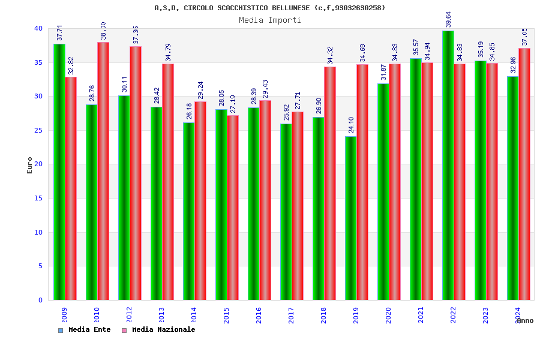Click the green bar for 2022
(x=448, y=165)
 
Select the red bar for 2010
(x=103, y=171)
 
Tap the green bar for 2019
(x=350, y=218)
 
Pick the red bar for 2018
(x=330, y=183)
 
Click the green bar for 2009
(x=59, y=172)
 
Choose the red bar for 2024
(x=524, y=174)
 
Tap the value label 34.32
(x=330, y=55)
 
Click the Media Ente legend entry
(x=85, y=329)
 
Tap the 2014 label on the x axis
(x=194, y=316)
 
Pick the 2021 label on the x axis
(x=421, y=316)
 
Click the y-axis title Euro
(x=30, y=165)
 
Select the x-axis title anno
(x=524, y=320)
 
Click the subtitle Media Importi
(x=270, y=20)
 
